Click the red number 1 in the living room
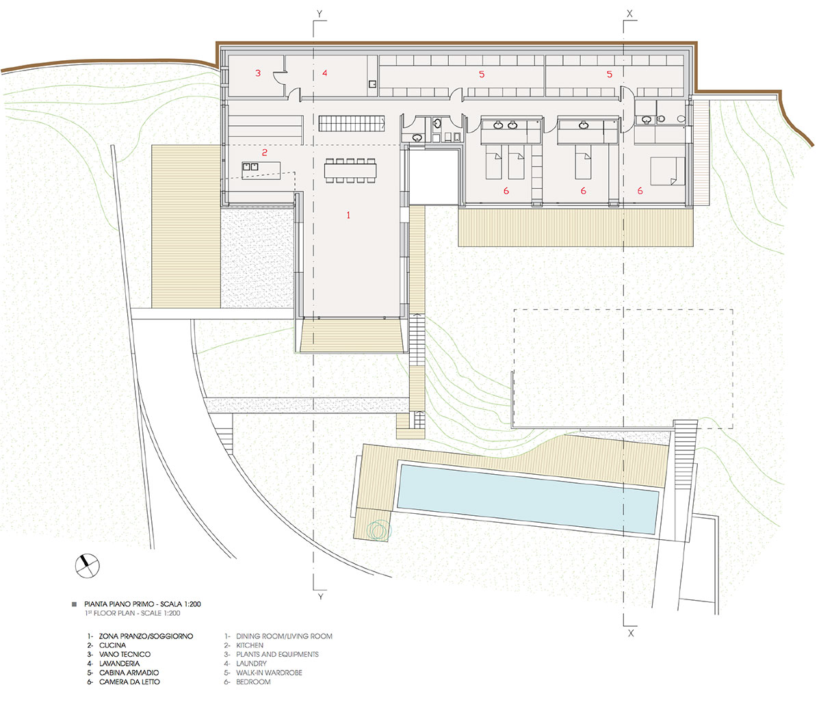tap(348, 215)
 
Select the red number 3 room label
tap(258, 73)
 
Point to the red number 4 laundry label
tap(325, 73)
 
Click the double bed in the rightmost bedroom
tap(664, 170)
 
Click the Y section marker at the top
tap(319, 13)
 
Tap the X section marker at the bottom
tap(630, 634)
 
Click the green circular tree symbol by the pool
tap(377, 529)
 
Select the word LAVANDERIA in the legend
tap(119, 664)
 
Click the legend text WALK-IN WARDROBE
tap(269, 673)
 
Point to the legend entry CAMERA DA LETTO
tap(129, 682)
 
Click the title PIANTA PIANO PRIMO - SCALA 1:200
tap(142, 604)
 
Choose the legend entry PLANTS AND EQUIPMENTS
tap(277, 654)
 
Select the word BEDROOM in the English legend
tap(253, 682)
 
